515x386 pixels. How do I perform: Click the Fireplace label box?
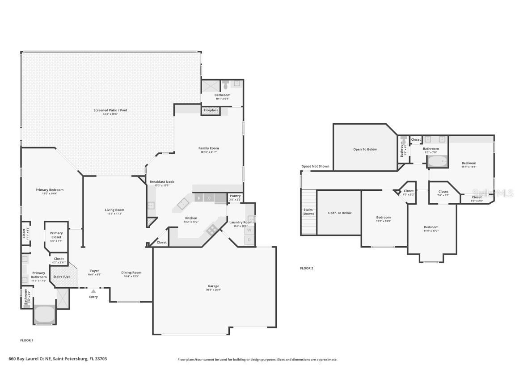pyautogui.click(x=211, y=110)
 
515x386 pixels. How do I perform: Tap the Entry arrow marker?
pyautogui.click(x=93, y=291)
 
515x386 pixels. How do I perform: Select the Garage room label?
pyautogui.click(x=213, y=286)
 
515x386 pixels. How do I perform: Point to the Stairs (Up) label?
pyautogui.click(x=61, y=277)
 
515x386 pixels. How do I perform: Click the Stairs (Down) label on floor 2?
pyautogui.click(x=308, y=211)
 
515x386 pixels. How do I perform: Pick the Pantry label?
pyautogui.click(x=235, y=196)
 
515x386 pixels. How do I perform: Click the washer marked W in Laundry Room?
pyautogui.click(x=249, y=230)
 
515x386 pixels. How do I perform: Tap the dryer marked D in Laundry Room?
pyautogui.click(x=249, y=240)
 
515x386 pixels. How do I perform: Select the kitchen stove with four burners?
pyautogui.click(x=211, y=230)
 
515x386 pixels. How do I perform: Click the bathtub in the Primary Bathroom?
pyautogui.click(x=44, y=314)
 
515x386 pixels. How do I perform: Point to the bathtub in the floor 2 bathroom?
pyautogui.click(x=438, y=161)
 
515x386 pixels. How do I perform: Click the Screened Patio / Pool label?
pyautogui.click(x=110, y=110)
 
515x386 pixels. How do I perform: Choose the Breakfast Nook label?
pyautogui.click(x=162, y=182)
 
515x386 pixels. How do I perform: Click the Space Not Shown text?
pyautogui.click(x=315, y=166)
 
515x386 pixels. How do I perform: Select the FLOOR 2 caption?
pyautogui.click(x=307, y=268)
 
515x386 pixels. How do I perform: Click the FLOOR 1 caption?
pyautogui.click(x=27, y=340)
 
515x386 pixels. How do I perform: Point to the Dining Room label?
pyautogui.click(x=131, y=273)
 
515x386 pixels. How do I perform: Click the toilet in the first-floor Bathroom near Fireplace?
pyautogui.click(x=226, y=84)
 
